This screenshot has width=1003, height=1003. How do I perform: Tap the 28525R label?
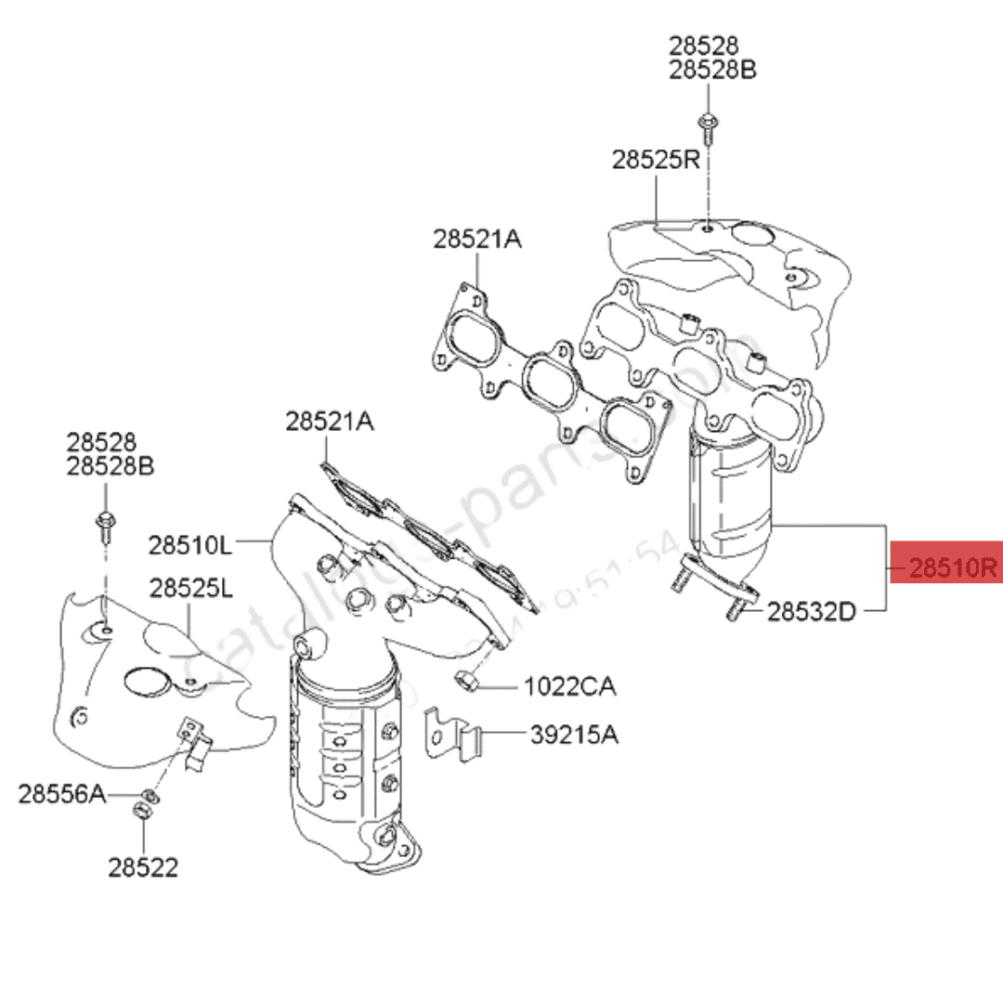[655, 160]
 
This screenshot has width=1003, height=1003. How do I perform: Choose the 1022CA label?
[570, 687]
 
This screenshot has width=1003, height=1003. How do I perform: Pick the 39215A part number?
[574, 735]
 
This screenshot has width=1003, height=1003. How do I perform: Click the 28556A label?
[61, 794]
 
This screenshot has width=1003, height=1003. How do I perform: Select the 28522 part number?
[143, 867]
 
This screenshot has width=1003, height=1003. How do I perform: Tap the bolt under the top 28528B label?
[708, 124]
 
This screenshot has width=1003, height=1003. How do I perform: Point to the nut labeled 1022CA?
[468, 680]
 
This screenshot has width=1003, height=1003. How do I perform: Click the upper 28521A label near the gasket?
[476, 240]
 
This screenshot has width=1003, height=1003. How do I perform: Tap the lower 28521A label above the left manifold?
[329, 422]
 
